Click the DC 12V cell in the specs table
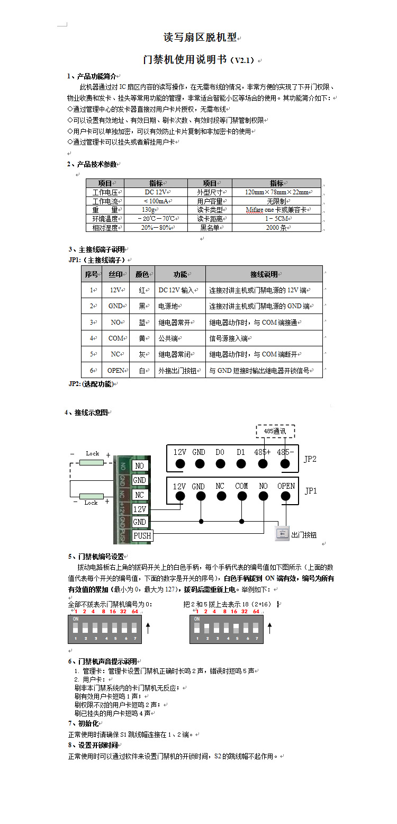coord(156,192)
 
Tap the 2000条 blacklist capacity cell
coord(276,228)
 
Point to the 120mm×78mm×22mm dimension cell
coord(276,192)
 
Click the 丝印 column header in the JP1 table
coord(115,274)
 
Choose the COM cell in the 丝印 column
coord(115,338)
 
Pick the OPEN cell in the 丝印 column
coord(115,370)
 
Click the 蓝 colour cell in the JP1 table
coord(141,322)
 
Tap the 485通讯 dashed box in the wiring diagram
coord(275,431)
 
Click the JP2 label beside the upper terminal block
coord(310,459)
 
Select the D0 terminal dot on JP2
coord(221,464)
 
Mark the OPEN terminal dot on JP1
coord(286,496)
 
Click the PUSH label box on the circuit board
coord(142,535)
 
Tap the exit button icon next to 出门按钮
coord(282,534)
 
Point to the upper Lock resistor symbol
coord(92,462)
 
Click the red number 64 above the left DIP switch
coord(135,612)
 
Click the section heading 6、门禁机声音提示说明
coord(103,661)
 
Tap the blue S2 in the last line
coord(218,756)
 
